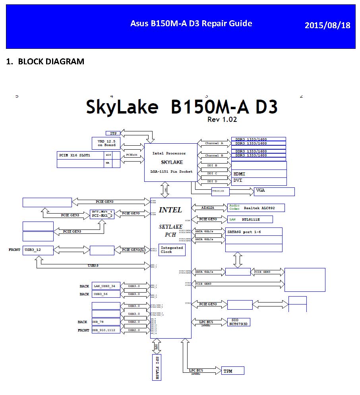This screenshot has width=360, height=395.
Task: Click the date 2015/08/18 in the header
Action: pos(327,25)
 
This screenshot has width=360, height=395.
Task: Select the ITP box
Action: pos(113,133)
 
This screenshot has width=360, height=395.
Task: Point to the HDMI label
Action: pos(240,174)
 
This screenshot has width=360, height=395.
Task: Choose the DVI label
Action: pos(238,180)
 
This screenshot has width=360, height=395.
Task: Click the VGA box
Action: pos(274,191)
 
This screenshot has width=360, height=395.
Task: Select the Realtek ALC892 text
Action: pos(259,208)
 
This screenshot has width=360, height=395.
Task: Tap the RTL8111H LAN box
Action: pos(250,219)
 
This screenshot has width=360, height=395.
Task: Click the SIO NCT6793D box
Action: pos(238,322)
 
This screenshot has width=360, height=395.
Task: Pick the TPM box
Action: pos(233,371)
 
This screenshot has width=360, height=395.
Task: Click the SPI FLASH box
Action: pos(157,367)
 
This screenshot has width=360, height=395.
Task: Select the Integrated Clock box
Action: pos(172,250)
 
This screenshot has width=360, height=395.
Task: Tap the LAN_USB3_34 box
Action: pos(106,286)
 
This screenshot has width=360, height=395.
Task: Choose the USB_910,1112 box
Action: pos(106,330)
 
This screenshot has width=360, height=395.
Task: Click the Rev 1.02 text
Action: pos(222,119)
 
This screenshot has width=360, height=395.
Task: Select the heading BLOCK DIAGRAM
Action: pos(45,62)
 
